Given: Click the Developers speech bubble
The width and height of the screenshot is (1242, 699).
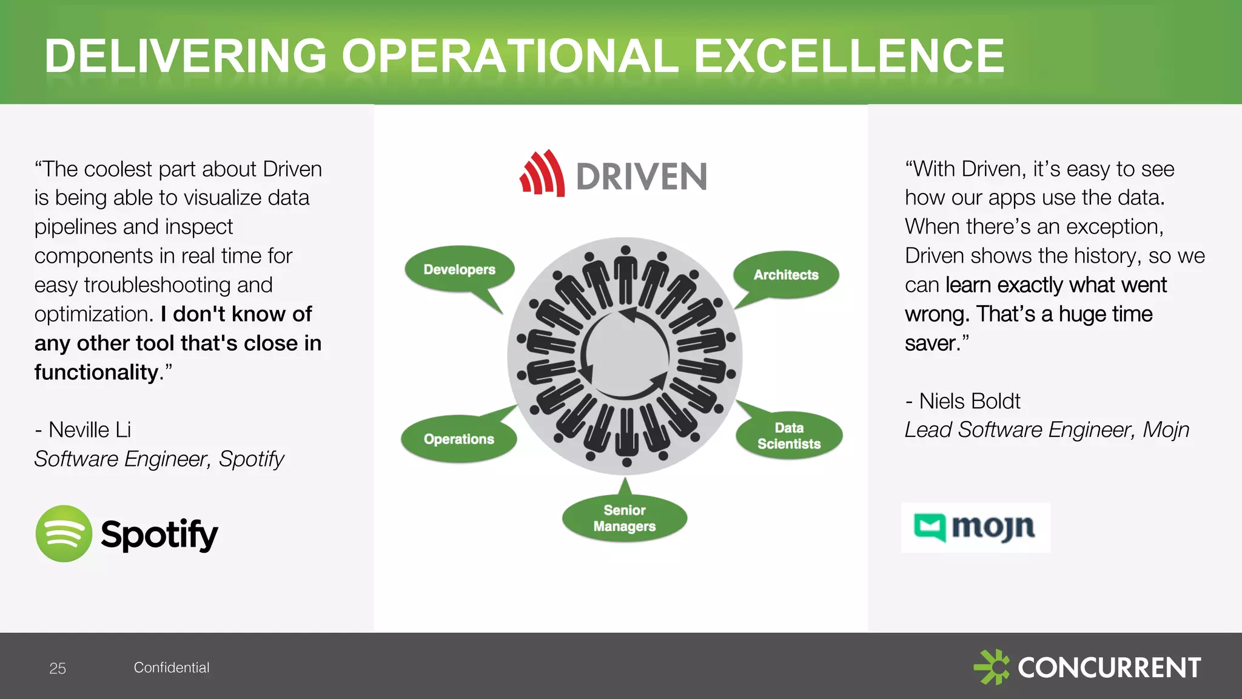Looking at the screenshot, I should coord(459,269).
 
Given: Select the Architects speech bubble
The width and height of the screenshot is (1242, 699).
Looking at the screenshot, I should coord(786,275).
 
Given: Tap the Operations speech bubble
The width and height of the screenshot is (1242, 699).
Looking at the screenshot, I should coord(458,439).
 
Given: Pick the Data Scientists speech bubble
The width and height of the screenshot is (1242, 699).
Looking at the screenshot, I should coord(789,436).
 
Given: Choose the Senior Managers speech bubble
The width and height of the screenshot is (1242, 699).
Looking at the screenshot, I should coord(625,518).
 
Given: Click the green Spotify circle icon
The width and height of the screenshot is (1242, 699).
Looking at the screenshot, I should coord(64,534).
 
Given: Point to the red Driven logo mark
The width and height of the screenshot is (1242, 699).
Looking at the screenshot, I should coord(542,174).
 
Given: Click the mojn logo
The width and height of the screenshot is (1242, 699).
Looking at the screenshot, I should coord(976,527).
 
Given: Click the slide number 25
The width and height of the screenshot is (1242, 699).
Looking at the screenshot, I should coord(58,668).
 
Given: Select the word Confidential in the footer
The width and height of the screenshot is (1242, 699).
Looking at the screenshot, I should coord(172,667).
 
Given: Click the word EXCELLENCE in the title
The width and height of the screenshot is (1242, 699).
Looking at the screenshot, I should coord(848,56).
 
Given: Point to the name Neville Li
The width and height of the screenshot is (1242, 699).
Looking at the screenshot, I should coord(89,430).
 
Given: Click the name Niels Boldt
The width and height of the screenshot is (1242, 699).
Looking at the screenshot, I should coord(969,401).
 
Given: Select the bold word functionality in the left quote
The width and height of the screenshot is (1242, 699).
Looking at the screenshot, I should coord(96,372).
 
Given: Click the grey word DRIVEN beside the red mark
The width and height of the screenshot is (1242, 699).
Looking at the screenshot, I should coord(642,177).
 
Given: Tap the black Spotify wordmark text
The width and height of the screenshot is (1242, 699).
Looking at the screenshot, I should coord(159,534).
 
